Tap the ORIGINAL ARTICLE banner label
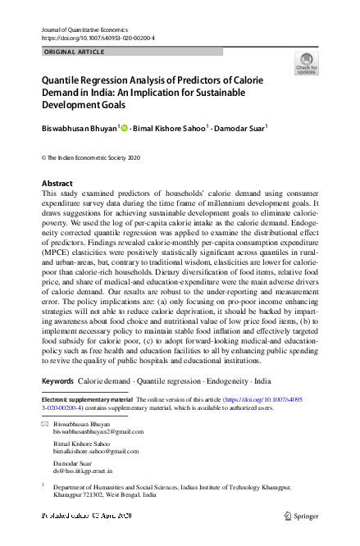pos(72,52)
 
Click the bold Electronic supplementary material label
pos(87,399)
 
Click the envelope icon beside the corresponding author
pos(45,424)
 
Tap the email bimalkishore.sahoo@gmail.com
pos(96,451)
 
